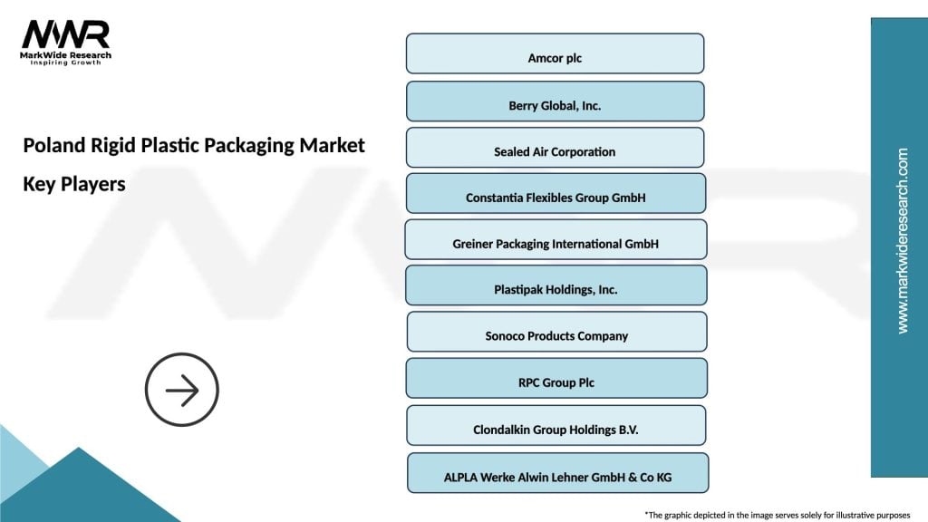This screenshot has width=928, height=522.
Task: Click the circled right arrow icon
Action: (182, 391)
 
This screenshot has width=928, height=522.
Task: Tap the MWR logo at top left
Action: (66, 34)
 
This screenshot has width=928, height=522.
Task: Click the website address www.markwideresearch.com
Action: (903, 240)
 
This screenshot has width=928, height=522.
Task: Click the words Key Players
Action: (74, 184)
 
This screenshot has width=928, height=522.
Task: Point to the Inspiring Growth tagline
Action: (66, 63)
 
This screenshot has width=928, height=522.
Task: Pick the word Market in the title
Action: (334, 145)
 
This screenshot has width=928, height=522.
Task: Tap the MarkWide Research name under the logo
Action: (66, 54)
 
